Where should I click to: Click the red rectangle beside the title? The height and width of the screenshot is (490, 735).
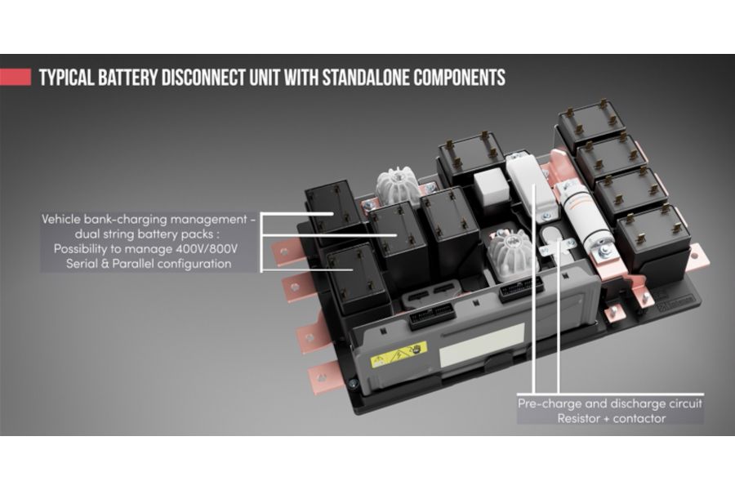click(x=16, y=78)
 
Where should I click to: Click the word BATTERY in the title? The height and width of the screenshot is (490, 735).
click(x=127, y=78)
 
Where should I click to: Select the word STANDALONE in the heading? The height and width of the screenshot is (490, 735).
click(x=364, y=78)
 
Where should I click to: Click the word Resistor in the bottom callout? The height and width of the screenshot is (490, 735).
click(x=579, y=418)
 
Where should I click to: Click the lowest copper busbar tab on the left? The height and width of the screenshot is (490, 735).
click(x=322, y=376)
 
